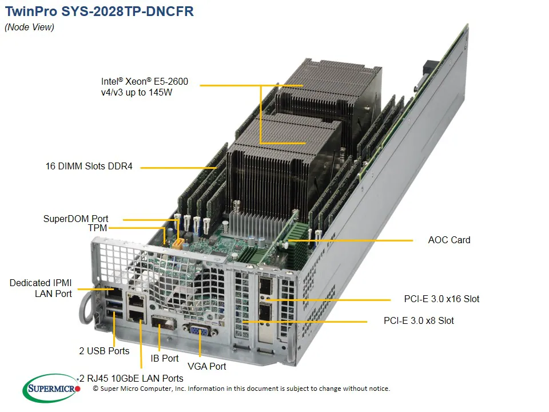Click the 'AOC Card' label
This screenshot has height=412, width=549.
click(449, 240)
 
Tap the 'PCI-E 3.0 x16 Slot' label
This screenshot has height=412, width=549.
click(441, 299)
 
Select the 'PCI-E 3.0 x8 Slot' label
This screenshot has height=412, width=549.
click(419, 320)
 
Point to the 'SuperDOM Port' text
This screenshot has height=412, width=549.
click(75, 219)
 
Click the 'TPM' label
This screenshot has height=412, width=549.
click(98, 228)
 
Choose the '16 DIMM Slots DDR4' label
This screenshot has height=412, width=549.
click(89, 167)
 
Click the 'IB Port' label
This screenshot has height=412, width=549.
click(164, 358)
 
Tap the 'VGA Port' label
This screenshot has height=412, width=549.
click(206, 366)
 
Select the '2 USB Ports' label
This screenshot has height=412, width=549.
click(104, 351)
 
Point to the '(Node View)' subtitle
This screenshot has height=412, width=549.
click(29, 27)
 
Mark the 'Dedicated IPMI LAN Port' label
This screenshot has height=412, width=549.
click(41, 288)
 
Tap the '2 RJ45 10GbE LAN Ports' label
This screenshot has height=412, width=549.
click(132, 378)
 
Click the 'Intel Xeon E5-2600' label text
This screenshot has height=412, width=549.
click(144, 87)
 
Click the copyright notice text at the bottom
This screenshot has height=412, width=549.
click(241, 389)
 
